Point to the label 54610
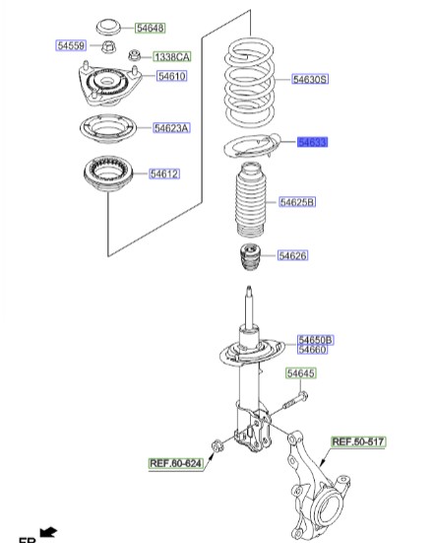(x=171, y=76)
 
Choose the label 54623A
(x=171, y=127)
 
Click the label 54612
(x=163, y=174)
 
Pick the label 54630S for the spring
(x=309, y=80)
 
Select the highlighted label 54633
(x=312, y=143)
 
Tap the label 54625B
(x=296, y=202)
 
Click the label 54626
(x=292, y=255)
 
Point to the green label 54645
(x=301, y=373)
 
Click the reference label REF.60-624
(x=175, y=462)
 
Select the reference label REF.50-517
(x=357, y=442)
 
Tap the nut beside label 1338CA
(x=113, y=54)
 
